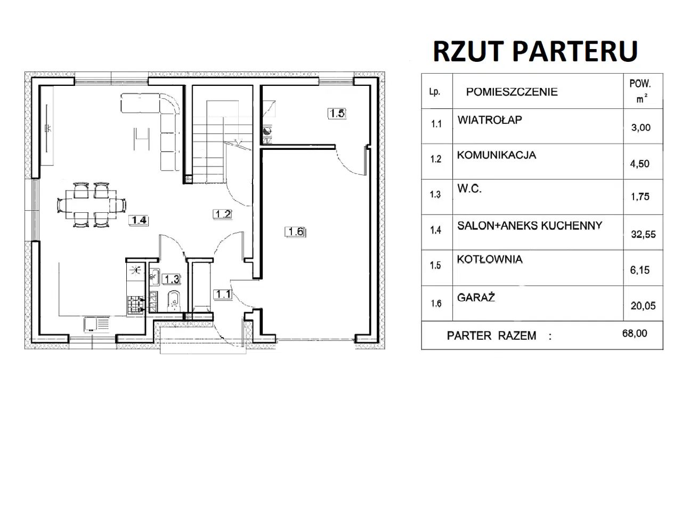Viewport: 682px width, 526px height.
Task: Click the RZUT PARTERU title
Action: [535, 51]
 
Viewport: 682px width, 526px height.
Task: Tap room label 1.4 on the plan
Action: [139, 220]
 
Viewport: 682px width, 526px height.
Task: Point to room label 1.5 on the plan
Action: [337, 113]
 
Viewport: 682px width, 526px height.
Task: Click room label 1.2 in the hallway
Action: [223, 214]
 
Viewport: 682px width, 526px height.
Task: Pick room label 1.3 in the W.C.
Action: [172, 279]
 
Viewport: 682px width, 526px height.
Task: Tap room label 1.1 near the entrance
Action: [223, 294]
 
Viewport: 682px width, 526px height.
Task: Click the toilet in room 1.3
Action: [173, 301]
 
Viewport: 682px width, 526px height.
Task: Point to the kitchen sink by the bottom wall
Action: [96, 324]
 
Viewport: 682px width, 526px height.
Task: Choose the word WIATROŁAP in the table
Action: [489, 120]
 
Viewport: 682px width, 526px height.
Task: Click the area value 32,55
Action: [643, 234]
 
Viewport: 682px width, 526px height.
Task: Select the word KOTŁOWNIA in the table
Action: [489, 260]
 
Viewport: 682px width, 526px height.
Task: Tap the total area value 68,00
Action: [635, 333]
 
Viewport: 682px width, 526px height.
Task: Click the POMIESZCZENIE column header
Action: [511, 92]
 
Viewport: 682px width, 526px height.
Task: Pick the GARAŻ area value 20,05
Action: [643, 306]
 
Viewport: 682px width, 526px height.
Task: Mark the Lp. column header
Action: [435, 92]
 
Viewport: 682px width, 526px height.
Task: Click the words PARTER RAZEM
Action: [491, 336]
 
